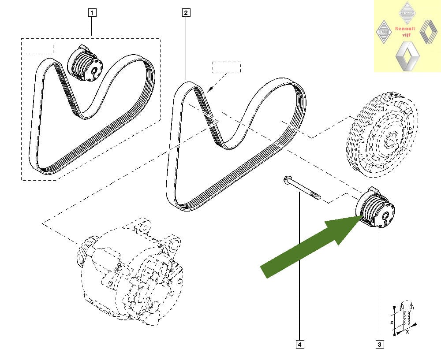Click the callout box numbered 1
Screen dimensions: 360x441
point(92,13)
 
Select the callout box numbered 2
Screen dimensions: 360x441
point(186,13)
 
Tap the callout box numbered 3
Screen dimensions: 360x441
point(379,344)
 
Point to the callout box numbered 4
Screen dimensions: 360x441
point(300,344)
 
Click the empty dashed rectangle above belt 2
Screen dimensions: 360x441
point(227,67)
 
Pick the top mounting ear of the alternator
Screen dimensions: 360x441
point(142,226)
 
